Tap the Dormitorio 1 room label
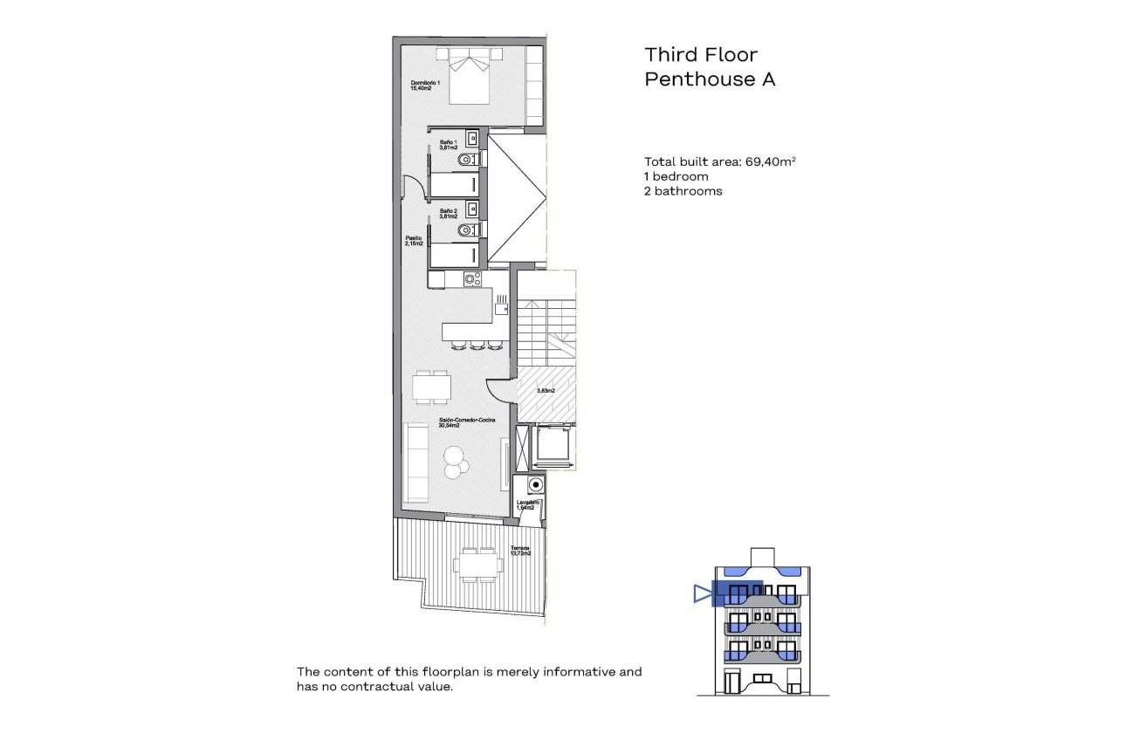tap(426, 86)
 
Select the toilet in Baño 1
tap(470, 160)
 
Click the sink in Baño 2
tap(471, 209)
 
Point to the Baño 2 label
tap(449, 214)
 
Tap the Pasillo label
tap(414, 241)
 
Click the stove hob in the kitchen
tap(472, 279)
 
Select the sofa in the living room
tap(416, 462)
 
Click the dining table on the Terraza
tap(477, 565)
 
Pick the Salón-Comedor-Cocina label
tap(461, 423)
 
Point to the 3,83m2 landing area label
tap(546, 391)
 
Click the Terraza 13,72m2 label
tap(521, 552)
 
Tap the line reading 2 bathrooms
tap(683, 191)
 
